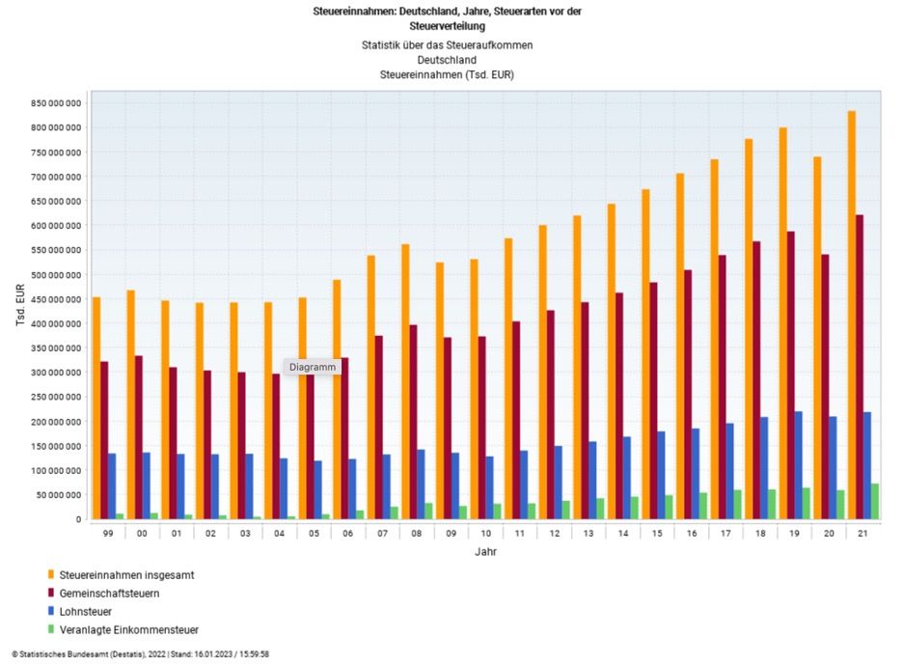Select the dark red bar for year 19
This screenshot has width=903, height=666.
tap(790, 375)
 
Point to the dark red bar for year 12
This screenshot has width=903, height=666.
tap(550, 415)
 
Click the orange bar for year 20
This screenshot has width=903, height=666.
tap(817, 338)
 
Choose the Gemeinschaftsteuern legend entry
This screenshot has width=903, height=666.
tap(129, 594)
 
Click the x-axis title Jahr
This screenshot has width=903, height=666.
tap(486, 552)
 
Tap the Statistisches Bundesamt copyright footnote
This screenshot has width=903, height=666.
tap(141, 654)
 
